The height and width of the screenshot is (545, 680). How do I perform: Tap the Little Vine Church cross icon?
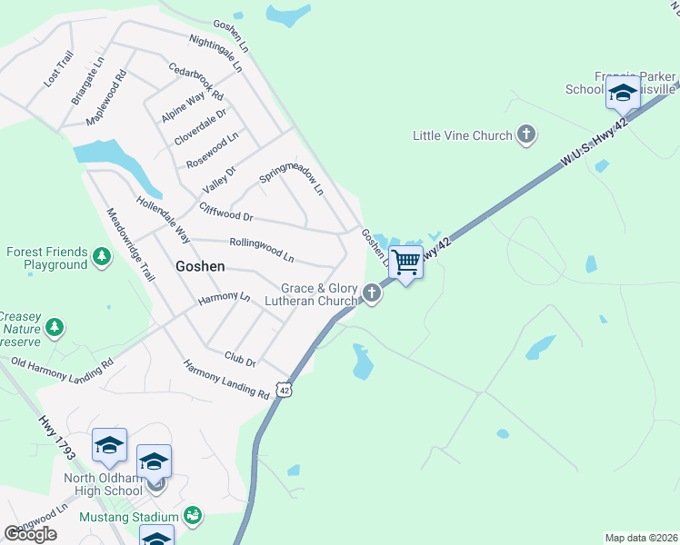[525, 135]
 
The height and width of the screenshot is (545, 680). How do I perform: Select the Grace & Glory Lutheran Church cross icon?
[371, 293]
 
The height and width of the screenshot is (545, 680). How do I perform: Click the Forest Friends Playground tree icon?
[103, 258]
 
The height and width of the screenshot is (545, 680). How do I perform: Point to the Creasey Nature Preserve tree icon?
[55, 326]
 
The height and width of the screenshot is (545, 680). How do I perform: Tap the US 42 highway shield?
[285, 390]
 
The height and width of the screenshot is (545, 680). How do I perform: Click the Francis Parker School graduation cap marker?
[623, 93]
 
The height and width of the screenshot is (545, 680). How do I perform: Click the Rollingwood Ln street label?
[262, 249]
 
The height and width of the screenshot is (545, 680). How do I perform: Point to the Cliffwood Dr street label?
[225, 213]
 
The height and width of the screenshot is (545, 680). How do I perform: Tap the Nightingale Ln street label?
[216, 54]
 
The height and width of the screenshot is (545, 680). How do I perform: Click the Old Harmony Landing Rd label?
[62, 362]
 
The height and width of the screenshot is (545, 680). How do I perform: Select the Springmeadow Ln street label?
[292, 178]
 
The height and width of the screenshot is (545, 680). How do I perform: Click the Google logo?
[31, 533]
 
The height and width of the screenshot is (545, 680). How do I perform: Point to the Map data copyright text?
[641, 538]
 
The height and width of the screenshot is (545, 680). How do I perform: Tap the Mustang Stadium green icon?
[192, 516]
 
